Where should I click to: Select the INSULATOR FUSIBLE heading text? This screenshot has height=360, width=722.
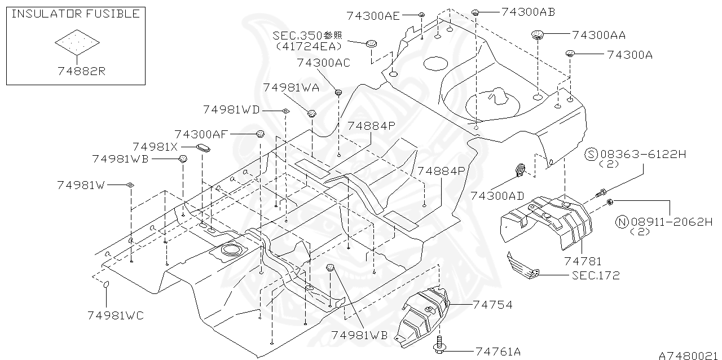(76, 14)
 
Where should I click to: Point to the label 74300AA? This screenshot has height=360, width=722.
(598, 35)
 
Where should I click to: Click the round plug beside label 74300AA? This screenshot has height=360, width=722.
(536, 36)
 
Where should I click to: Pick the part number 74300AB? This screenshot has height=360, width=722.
(528, 11)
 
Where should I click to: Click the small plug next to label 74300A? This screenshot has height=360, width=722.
(570, 54)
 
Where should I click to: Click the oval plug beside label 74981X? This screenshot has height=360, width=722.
(202, 148)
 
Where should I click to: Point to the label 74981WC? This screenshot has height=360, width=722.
(116, 315)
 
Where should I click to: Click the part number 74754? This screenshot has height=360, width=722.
(492, 305)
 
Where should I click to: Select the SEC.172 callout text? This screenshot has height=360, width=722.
(595, 275)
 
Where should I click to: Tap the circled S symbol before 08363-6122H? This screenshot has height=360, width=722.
(591, 154)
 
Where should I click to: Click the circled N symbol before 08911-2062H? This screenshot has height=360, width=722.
(622, 222)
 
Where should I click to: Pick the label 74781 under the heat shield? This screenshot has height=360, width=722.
(583, 261)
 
